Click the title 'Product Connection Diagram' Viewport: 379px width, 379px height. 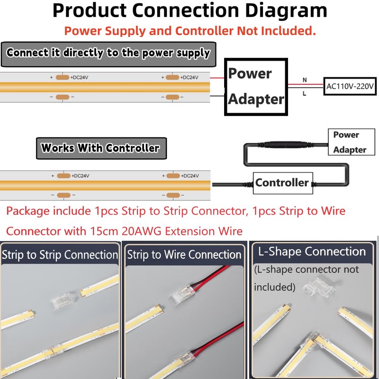(189, 10)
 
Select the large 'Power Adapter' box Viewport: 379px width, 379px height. (256, 86)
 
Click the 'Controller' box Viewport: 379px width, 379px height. (282, 182)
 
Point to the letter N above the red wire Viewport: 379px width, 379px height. (305, 80)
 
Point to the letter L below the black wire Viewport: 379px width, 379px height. (305, 94)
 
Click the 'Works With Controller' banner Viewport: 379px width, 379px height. (100, 148)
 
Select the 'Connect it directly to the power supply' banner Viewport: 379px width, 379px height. (108, 53)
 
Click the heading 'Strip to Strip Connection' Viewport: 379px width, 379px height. (60, 255)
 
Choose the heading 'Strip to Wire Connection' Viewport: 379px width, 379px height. (184, 255)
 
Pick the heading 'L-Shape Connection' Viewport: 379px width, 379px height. (312, 252)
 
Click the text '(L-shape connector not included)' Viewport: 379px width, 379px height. (307, 278)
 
